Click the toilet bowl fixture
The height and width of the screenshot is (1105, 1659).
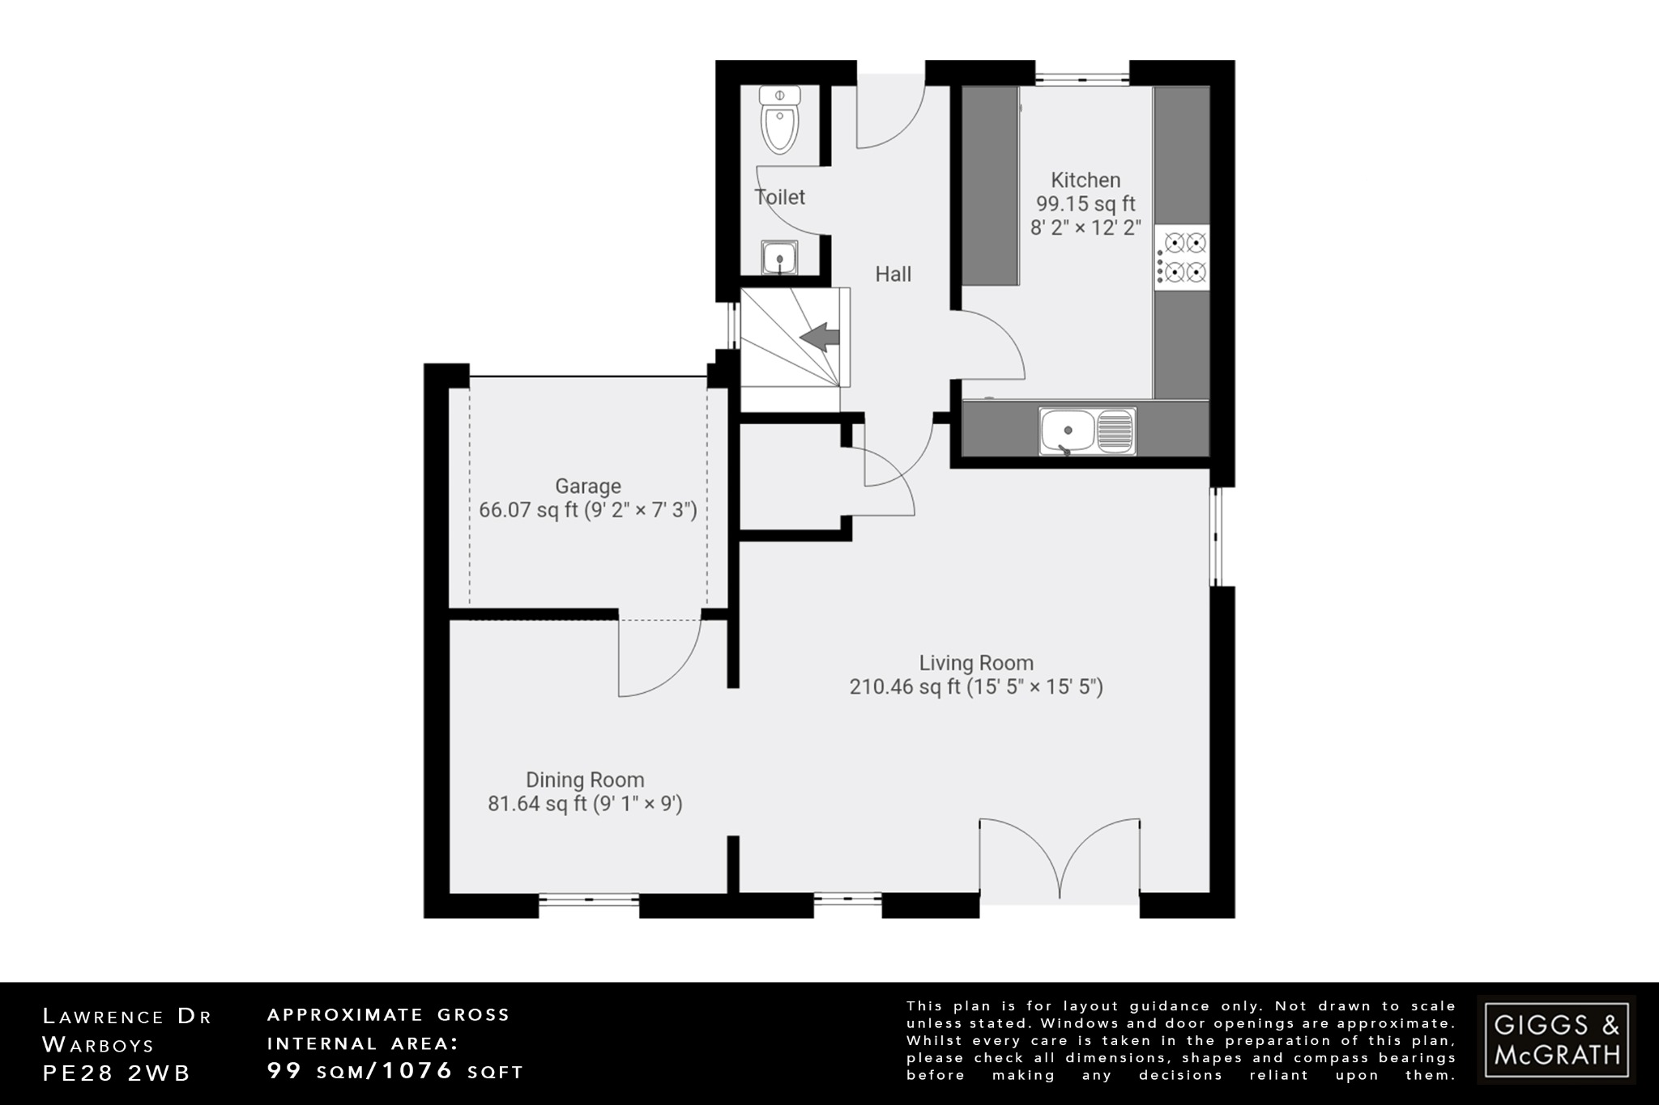[x=780, y=121]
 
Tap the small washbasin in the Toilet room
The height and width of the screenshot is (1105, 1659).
[x=779, y=258]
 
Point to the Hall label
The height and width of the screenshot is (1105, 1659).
[x=893, y=274]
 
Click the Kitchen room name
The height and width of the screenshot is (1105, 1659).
[x=1085, y=180]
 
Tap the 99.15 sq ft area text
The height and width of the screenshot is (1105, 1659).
[x=1085, y=204]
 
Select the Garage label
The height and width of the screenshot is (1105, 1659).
[x=588, y=486]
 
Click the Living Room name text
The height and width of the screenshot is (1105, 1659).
[x=976, y=663]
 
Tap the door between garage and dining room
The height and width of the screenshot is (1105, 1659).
[x=659, y=657]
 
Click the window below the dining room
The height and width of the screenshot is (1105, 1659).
[x=589, y=898]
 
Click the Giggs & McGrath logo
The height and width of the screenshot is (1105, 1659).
[x=1556, y=1039]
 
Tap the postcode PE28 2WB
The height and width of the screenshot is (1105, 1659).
[x=117, y=1073]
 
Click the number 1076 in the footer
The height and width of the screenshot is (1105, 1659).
[x=417, y=1071]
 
